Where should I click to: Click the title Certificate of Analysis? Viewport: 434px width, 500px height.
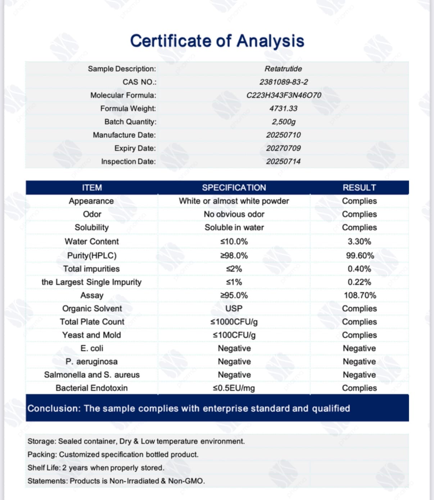pos(217,41)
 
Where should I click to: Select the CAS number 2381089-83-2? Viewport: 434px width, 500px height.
pos(284,82)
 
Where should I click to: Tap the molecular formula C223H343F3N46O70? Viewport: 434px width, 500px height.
pos(284,95)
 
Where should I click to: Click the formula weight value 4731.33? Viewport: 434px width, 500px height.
pos(284,108)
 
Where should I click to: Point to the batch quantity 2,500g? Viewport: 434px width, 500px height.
pos(284,122)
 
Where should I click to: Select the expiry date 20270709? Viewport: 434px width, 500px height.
pos(284,148)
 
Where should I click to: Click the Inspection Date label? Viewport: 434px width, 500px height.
pos(128,161)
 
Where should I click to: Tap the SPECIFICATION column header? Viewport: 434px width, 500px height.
pos(234,188)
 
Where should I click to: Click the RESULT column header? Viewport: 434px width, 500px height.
pos(359,188)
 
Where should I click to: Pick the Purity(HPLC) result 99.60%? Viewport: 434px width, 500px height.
pos(360,256)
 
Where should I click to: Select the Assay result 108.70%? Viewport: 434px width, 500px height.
pos(360,295)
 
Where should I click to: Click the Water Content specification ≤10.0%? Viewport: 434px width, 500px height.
pos(234,242)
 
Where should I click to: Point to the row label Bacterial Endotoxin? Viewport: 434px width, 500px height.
pos(91,388)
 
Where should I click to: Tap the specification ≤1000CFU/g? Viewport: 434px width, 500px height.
pos(234,322)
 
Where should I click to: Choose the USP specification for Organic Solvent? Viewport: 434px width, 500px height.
pos(234,309)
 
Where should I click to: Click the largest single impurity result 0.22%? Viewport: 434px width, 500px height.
pos(359,282)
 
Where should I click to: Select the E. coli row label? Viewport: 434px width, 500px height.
pos(92,348)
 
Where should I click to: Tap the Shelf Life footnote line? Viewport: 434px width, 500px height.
pos(96,468)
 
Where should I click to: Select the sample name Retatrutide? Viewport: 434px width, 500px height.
pos(284,69)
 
